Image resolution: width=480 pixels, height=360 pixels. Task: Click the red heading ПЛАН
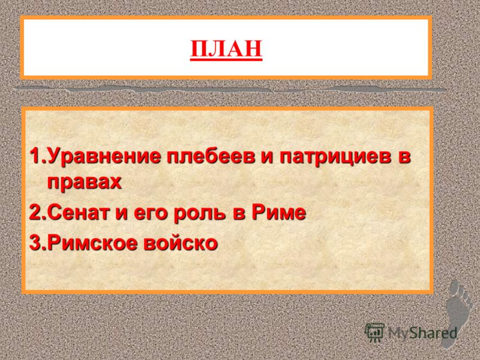pos(226,49)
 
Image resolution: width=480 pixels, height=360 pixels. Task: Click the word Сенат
pos(79,213)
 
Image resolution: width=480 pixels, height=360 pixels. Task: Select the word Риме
pos(278,212)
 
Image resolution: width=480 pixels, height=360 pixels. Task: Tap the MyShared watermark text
pos(422,333)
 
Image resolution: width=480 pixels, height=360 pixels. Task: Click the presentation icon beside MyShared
pos(375,332)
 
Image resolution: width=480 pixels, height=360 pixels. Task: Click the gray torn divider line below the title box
pos(230,89)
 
